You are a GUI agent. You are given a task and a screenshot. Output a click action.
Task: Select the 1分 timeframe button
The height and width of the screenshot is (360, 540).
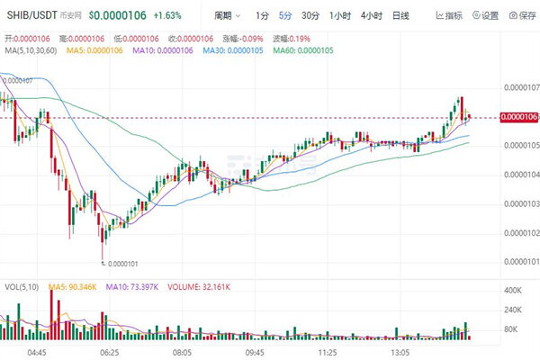pos(261,16)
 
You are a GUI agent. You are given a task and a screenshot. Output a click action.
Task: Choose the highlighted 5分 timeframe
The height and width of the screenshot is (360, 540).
pos(285,16)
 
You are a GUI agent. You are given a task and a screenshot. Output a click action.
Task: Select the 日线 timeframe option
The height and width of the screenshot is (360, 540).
pos(400,16)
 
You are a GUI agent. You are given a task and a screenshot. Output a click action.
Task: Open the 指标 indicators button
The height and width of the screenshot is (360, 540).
pos(450,16)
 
